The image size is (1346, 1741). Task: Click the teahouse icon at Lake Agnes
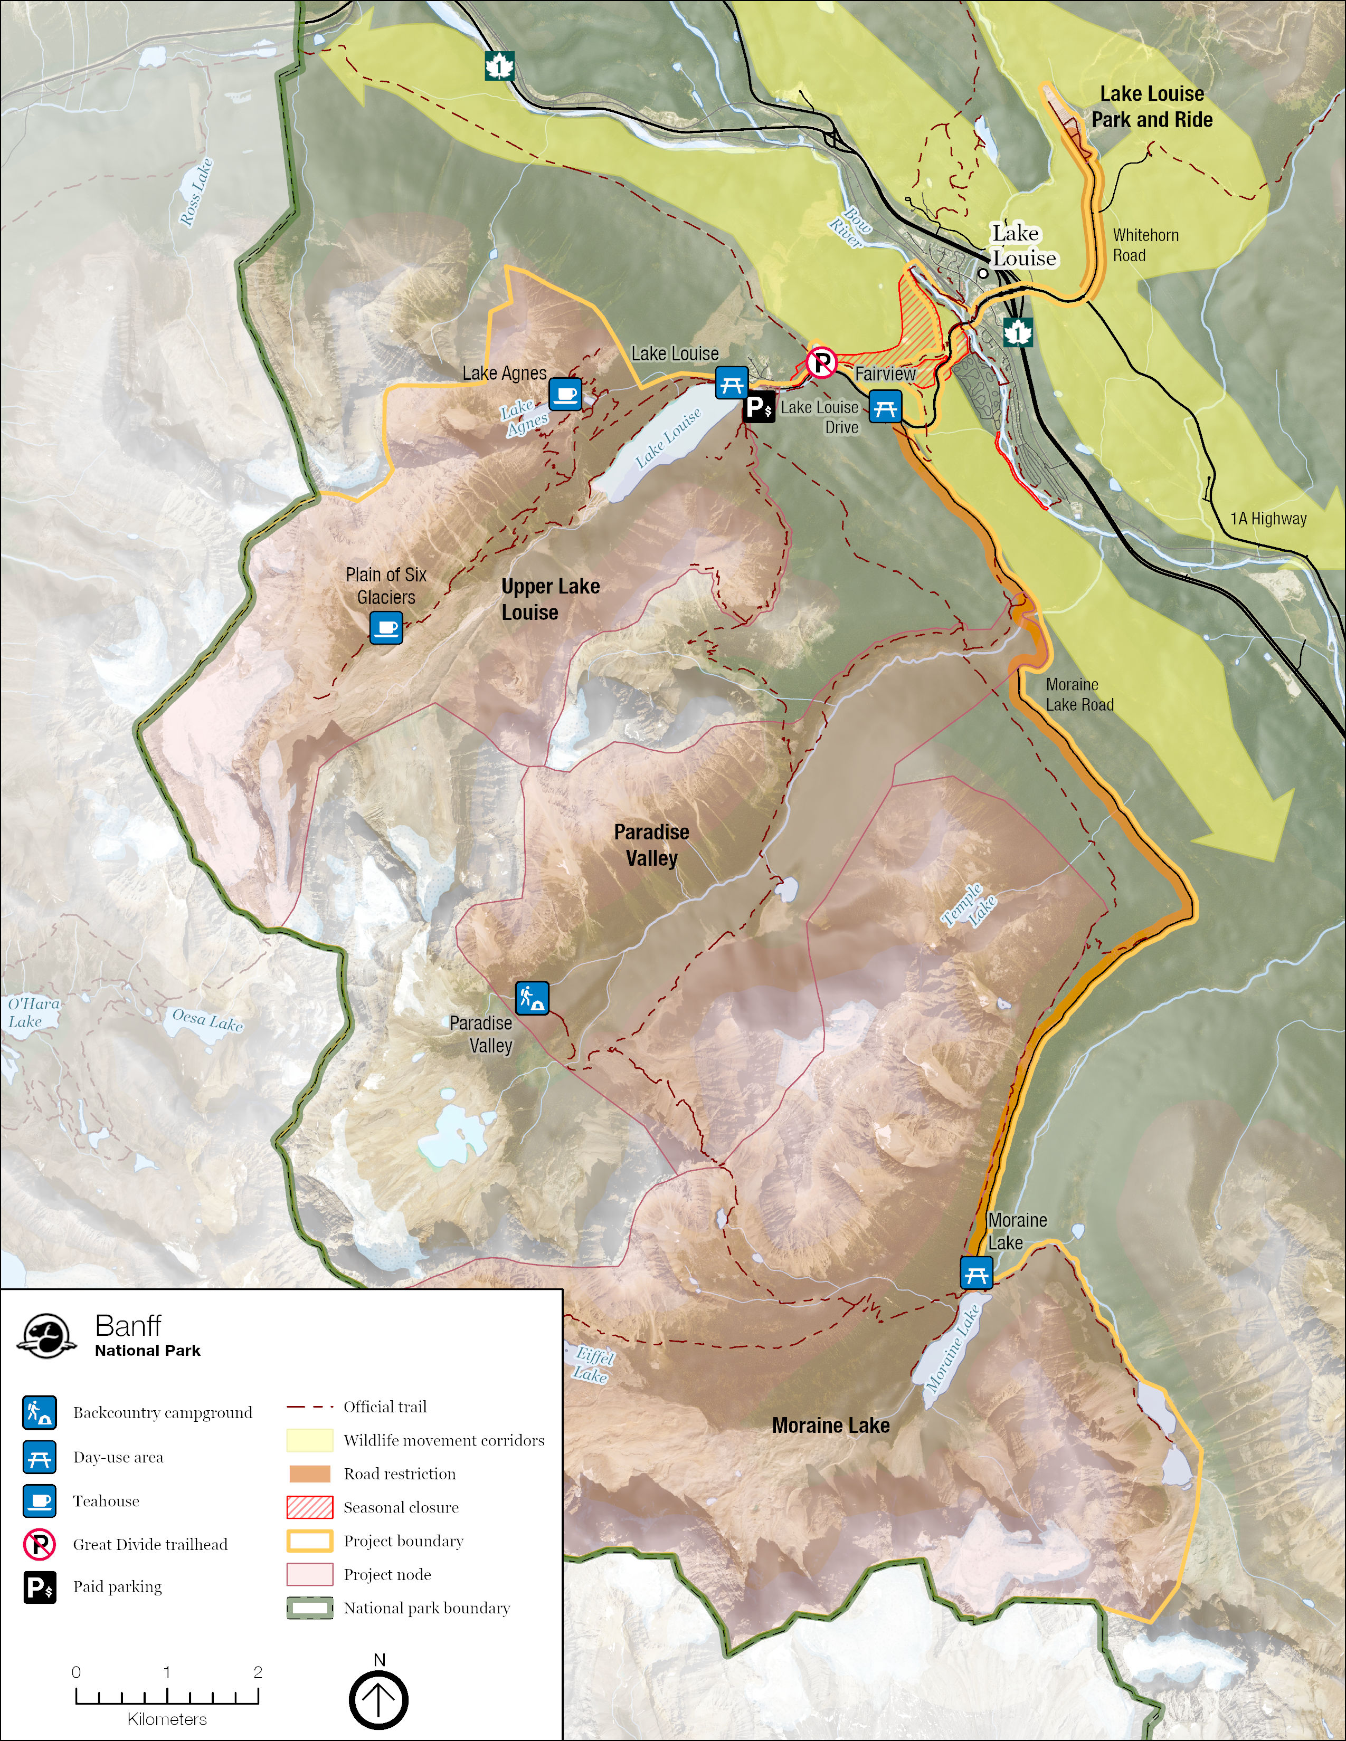point(565,394)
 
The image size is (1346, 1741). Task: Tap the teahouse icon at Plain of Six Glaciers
point(386,627)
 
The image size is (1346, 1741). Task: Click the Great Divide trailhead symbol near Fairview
point(820,363)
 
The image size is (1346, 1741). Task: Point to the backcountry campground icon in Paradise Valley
point(532,997)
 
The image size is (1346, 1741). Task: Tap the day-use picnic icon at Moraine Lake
point(976,1273)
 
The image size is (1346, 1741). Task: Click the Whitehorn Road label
point(1145,245)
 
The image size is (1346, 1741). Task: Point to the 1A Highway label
point(1268,518)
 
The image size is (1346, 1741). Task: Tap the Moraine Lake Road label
point(1079,694)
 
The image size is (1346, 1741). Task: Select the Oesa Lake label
point(207,1020)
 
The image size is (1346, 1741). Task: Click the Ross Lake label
point(196,192)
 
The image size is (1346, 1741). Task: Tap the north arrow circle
point(379,1699)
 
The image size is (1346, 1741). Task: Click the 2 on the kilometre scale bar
point(258,1672)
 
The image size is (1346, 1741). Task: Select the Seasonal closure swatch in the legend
point(309,1507)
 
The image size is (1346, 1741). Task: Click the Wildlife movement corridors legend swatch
point(309,1440)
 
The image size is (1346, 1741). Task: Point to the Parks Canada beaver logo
point(47,1336)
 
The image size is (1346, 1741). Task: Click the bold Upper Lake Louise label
point(549,599)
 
